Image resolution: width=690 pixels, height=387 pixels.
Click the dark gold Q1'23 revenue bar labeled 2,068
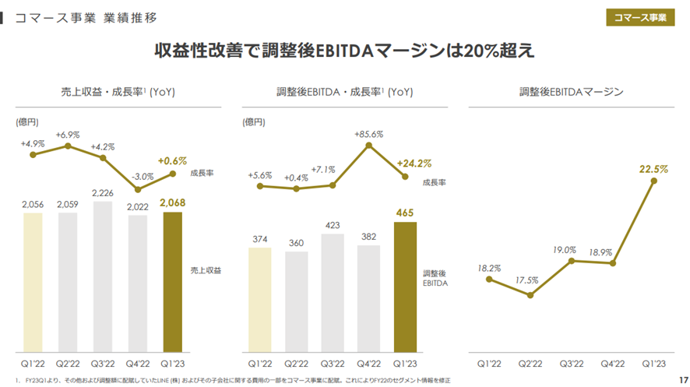[172, 281]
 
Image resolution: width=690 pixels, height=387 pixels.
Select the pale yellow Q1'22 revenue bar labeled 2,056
[33, 281]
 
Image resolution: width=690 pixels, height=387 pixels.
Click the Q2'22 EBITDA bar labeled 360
[296, 301]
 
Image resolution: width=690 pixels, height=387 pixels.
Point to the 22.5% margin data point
[653, 181]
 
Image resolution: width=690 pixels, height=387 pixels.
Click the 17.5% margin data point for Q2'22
[530, 295]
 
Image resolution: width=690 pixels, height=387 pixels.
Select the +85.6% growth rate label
[368, 134]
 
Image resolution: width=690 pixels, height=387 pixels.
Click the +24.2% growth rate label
[414, 164]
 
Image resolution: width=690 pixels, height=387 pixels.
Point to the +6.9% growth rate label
[69, 134]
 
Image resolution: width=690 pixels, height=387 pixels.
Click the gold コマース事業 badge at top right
[639, 18]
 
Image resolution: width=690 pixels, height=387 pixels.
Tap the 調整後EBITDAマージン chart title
[571, 92]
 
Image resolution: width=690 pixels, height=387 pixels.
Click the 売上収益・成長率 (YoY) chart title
[118, 92]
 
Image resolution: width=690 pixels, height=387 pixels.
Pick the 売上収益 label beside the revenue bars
[206, 270]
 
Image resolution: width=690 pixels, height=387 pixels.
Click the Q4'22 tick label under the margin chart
[612, 364]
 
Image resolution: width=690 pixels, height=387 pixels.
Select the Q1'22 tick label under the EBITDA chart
[260, 364]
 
